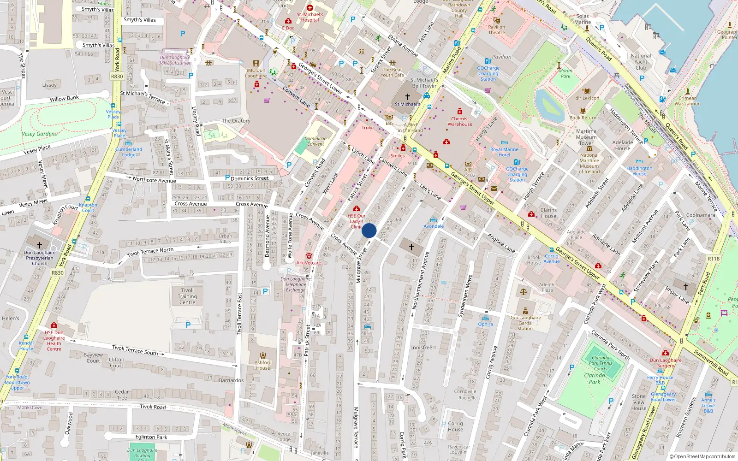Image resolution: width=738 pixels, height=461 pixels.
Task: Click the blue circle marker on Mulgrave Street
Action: pyautogui.click(x=369, y=230)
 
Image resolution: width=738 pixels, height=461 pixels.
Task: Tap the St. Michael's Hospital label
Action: pyautogui.click(x=310, y=17)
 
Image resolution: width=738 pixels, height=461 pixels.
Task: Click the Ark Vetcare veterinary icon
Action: pyautogui.click(x=309, y=256)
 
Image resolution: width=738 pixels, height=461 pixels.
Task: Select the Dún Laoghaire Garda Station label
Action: pyautogui.click(x=525, y=323)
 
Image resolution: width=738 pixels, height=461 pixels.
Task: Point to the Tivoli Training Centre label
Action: pyautogui.click(x=187, y=296)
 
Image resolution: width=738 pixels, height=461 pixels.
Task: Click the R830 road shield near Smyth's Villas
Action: pyautogui.click(x=117, y=77)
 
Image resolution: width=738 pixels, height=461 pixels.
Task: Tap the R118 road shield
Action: pyautogui.click(x=714, y=259)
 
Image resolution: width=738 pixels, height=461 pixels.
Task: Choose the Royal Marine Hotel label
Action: pyautogui.click(x=504, y=152)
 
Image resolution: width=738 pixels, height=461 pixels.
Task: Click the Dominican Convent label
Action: pyautogui.click(x=315, y=141)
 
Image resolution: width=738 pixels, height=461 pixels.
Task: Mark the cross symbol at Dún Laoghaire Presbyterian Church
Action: pyautogui.click(x=40, y=245)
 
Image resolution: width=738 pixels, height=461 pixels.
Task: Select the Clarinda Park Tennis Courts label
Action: pyautogui.click(x=600, y=363)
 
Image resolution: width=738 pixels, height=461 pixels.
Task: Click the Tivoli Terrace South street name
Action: pyautogui.click(x=135, y=350)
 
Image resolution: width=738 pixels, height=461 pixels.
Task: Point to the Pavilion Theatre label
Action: pyautogui.click(x=497, y=30)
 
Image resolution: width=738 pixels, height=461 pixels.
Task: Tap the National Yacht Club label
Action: pyautogui.click(x=641, y=61)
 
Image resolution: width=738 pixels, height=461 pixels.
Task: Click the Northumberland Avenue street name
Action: pyautogui.click(x=420, y=280)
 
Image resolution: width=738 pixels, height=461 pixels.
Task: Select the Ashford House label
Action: pyautogui.click(x=263, y=365)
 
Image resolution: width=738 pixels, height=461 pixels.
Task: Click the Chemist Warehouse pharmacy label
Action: pyautogui.click(x=460, y=121)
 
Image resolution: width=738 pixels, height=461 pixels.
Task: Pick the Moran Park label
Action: pyautogui.click(x=565, y=73)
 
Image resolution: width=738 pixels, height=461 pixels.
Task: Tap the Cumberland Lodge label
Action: pyautogui.click(x=129, y=152)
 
